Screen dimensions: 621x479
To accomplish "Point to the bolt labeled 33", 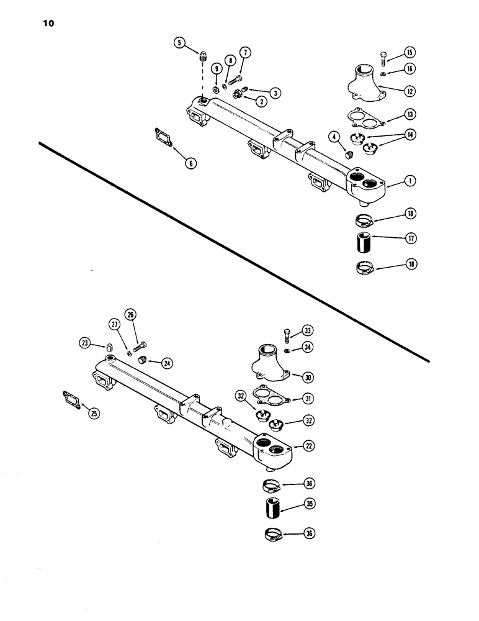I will pyautogui.click(x=287, y=335).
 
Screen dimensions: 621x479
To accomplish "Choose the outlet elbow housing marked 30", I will pyautogui.click(x=270, y=363).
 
